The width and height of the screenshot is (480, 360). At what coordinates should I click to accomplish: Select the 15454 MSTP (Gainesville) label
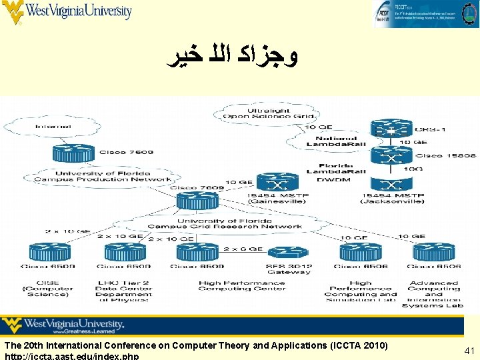[x=273, y=197]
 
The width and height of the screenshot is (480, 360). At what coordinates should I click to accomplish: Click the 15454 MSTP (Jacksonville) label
[x=393, y=197]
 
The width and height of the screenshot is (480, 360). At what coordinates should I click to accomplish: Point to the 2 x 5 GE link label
[x=243, y=248]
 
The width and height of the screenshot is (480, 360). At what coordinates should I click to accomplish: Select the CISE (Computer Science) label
[x=48, y=289]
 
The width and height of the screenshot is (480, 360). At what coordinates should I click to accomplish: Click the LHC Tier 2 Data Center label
[x=124, y=289]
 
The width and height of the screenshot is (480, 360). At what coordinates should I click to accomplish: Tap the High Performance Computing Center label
[x=241, y=286]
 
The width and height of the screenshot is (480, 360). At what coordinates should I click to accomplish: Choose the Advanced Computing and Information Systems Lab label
[x=435, y=294]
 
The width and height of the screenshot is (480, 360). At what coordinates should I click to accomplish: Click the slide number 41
[x=469, y=350]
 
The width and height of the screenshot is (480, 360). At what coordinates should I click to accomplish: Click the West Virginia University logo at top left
[x=67, y=11]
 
